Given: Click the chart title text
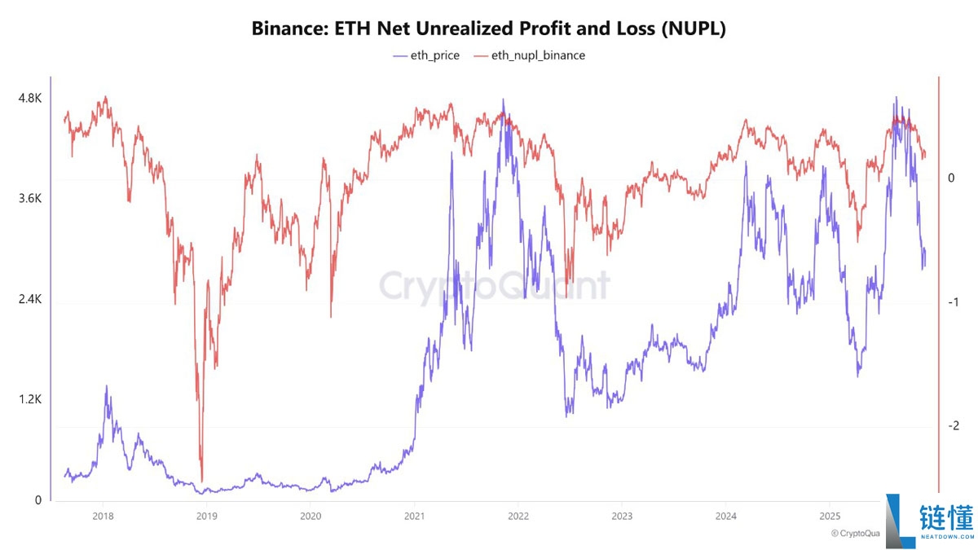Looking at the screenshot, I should (488, 29).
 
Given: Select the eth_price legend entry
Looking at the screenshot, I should (425, 55).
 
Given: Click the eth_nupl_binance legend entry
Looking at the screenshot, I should (530, 55).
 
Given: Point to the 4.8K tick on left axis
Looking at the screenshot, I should (29, 99).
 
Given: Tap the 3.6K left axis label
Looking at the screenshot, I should (29, 199).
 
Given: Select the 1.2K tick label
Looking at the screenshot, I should (29, 400).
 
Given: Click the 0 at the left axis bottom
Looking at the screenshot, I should (37, 500).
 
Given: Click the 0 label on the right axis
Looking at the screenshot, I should (950, 178).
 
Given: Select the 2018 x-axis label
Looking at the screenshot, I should (103, 516).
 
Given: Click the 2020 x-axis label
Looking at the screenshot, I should (310, 516).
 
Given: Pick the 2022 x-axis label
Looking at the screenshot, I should (518, 516).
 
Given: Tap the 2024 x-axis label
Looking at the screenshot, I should (725, 516).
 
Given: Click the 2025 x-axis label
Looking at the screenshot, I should (829, 516).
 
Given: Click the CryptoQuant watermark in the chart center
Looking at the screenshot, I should (494, 286).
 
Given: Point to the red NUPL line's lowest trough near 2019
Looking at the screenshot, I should (201, 481).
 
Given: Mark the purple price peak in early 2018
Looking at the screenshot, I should (106, 387).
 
